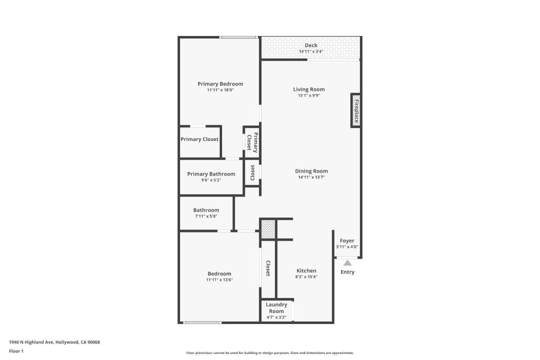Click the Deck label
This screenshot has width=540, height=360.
[311, 45]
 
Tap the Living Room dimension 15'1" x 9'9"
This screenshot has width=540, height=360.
[309, 96]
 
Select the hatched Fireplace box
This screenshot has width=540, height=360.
[356, 110]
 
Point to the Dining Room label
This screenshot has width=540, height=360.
[311, 171]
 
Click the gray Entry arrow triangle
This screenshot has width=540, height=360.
[348, 263]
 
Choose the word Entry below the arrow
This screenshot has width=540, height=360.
[347, 272]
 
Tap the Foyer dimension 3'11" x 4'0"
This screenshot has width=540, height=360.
[347, 247]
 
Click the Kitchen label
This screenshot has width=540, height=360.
[306, 270]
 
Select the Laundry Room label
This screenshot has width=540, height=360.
[276, 308]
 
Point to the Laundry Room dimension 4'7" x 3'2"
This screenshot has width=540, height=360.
[276, 317]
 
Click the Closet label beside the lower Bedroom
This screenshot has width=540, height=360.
[268, 268]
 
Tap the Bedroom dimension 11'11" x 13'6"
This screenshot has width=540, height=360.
[219, 280]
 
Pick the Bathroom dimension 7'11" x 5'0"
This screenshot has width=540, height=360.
[206, 216]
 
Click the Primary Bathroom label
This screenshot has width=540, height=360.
[211, 174]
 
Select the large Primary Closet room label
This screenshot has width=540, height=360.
[199, 139]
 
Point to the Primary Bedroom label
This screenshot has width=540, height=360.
[220, 84]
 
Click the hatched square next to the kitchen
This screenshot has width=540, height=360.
[268, 229]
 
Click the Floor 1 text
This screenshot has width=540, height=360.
[16, 351]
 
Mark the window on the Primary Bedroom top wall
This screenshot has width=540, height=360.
[238, 37]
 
